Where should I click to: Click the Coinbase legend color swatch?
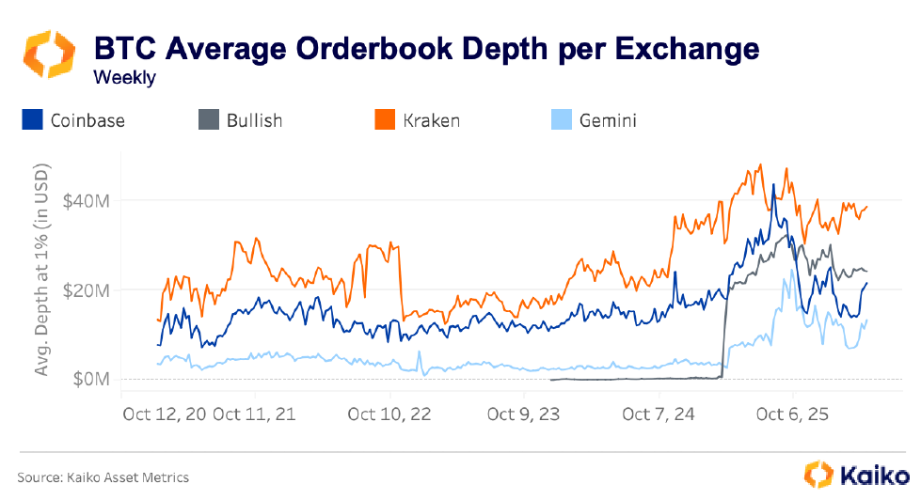pos(33,120)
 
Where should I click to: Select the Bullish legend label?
pos(254,120)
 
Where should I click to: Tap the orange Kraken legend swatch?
pos(384,120)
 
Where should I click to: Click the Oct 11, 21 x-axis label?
pos(255,414)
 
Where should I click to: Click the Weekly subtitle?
pos(124,78)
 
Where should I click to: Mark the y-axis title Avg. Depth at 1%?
pos(41,273)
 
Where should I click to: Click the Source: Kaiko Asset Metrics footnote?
pos(103,477)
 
